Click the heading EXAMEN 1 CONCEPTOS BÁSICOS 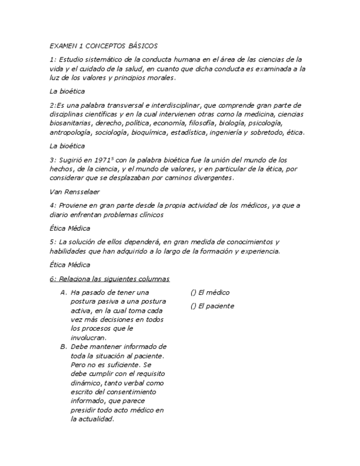pyautogui.click(x=103, y=46)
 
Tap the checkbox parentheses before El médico pyautogui.click(x=193, y=293)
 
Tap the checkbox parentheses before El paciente pyautogui.click(x=193, y=306)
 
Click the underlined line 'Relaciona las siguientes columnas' pyautogui.click(x=109, y=279)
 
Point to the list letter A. pyautogui.click(x=63, y=293)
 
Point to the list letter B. pyautogui.click(x=63, y=347)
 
